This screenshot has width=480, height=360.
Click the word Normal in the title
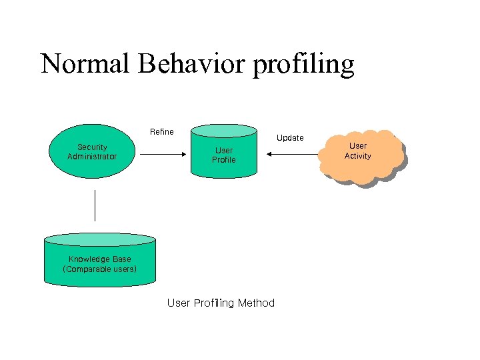pyautogui.click(x=85, y=64)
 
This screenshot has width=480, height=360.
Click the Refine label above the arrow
pyautogui.click(x=162, y=132)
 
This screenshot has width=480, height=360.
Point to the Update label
pyautogui.click(x=290, y=138)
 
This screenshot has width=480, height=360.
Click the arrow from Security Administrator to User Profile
pyautogui.click(x=163, y=154)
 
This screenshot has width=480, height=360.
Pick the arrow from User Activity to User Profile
pyautogui.click(x=293, y=154)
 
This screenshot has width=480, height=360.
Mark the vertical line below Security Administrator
pyautogui.click(x=95, y=205)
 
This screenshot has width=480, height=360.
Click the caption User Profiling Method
pyautogui.click(x=221, y=303)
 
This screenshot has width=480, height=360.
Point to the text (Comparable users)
pyautogui.click(x=100, y=269)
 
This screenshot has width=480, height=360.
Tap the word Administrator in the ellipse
pyautogui.click(x=92, y=157)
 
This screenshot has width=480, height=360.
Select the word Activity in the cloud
pyautogui.click(x=358, y=156)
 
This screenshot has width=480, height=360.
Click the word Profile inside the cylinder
pyautogui.click(x=224, y=160)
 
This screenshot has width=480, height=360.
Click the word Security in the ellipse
pyautogui.click(x=92, y=147)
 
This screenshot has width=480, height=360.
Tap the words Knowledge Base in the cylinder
pyautogui.click(x=100, y=259)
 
